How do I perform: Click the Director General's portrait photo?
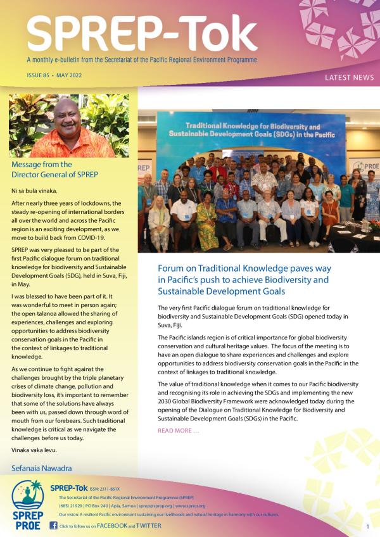69,125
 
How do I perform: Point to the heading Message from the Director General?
54,170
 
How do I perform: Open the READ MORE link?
178,431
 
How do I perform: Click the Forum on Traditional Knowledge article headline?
244,279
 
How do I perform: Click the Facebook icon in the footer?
53,526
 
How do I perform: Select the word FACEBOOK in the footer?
111,526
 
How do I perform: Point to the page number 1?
367,526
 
